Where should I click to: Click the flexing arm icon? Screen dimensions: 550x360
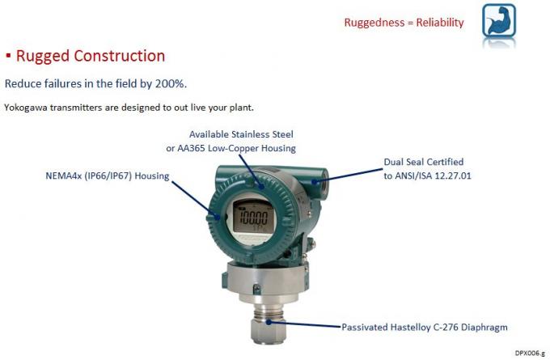(499, 20)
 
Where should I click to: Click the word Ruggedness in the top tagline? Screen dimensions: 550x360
(374, 23)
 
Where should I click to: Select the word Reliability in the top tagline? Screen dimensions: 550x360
(440, 23)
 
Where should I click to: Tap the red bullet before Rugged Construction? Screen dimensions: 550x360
(8, 56)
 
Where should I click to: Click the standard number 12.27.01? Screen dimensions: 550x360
(453, 176)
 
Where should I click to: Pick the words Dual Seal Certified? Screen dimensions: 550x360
(424, 162)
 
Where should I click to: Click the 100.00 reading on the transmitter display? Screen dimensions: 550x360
(253, 218)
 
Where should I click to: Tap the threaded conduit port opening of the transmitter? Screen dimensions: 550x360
(323, 184)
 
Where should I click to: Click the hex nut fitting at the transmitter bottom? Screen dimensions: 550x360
(269, 330)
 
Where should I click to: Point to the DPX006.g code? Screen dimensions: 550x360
(530, 353)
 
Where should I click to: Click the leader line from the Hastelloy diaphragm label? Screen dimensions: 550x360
(303, 324)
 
